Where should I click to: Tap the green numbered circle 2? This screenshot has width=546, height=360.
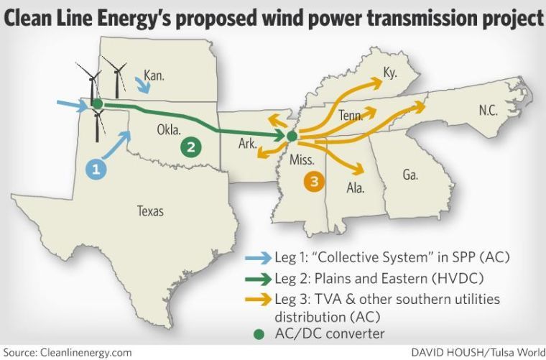point(191,147)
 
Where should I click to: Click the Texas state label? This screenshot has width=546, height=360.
point(151,211)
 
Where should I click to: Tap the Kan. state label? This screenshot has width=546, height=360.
point(154,75)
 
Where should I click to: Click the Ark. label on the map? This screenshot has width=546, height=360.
point(248,144)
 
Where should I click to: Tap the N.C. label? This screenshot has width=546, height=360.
point(489,110)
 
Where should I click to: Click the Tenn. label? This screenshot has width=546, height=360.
point(351,115)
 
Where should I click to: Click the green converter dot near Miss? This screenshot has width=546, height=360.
point(291,136)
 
